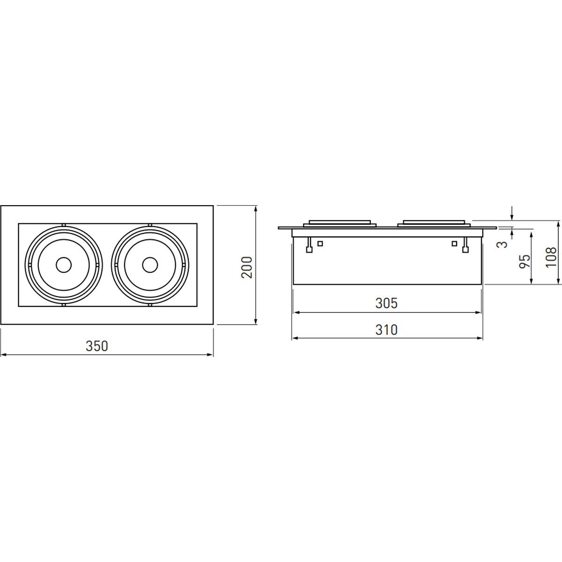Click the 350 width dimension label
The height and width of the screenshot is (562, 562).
[97, 346]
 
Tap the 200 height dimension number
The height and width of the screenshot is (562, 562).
[247, 267]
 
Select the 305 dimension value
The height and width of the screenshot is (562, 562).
[386, 303]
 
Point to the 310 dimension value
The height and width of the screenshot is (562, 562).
[386, 330]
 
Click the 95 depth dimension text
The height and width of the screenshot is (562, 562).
[525, 261]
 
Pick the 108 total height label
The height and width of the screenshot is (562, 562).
[551, 257]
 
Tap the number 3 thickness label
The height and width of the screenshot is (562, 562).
[502, 244]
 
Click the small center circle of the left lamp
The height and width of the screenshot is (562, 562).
[64, 265]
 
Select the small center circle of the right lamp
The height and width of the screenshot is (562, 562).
[150, 265]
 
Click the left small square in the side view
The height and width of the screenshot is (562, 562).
[320, 243]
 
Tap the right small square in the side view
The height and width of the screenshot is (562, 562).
[454, 243]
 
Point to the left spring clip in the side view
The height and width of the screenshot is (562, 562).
[309, 245]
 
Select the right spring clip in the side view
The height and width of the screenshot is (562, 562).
[466, 245]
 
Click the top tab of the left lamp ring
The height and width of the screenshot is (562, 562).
[64, 225]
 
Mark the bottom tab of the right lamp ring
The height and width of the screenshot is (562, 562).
[150, 305]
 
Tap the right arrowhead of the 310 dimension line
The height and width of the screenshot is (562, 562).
[480, 338]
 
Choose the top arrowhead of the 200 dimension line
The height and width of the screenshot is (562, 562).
[256, 209]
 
